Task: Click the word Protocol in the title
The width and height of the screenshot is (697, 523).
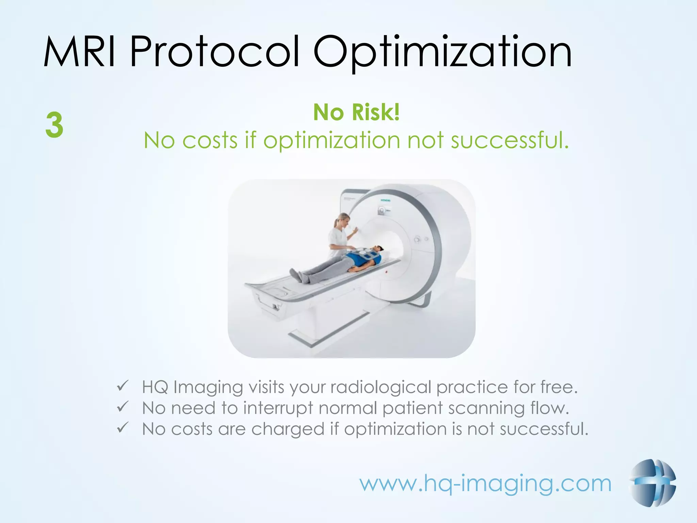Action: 214,52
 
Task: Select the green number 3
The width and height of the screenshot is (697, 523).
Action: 54,125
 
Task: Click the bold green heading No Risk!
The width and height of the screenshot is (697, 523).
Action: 356,112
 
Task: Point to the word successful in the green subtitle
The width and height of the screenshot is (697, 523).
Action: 509,140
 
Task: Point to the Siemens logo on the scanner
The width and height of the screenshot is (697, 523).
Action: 385,201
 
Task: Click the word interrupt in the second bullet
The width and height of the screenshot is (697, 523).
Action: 278,408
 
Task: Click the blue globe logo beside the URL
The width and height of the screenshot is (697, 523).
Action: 653,483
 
